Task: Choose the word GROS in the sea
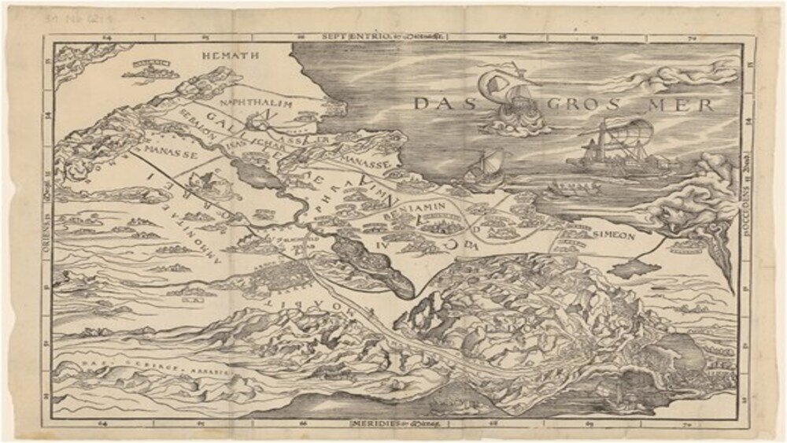coord(576,104)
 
